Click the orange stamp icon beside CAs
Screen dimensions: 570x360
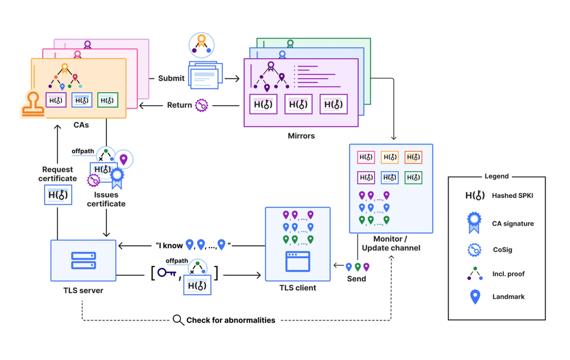click(33, 105)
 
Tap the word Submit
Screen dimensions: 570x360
click(171, 78)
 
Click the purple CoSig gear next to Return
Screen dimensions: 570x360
click(202, 105)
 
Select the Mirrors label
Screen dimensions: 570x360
click(301, 136)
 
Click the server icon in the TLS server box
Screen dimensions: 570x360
click(83, 260)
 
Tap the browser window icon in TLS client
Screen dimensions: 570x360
click(298, 261)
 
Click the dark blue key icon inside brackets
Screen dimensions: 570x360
click(166, 273)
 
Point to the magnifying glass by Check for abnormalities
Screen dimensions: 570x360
click(178, 320)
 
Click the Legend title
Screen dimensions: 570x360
click(497, 176)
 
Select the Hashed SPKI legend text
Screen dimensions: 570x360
click(513, 195)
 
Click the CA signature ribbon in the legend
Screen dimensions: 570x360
click(474, 223)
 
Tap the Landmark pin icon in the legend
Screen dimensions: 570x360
click(475, 297)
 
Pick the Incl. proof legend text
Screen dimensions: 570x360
click(508, 274)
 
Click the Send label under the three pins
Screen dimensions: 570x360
click(356, 279)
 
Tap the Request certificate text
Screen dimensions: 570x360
click(57, 174)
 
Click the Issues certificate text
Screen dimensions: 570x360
click(106, 199)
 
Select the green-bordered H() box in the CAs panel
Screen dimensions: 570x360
click(107, 100)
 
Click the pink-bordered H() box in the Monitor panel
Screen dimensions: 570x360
click(366, 157)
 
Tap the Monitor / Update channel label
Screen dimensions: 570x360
click(391, 243)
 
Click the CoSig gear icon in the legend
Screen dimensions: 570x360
click(474, 250)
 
